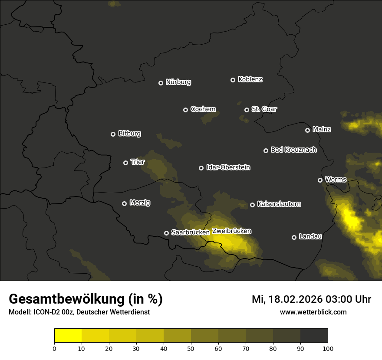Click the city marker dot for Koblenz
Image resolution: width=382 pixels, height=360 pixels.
233,80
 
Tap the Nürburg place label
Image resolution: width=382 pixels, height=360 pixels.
178,82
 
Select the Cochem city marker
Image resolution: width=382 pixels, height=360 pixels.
185,110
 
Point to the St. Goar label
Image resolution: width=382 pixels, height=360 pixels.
264,109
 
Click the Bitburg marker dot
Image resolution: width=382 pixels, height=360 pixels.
113,134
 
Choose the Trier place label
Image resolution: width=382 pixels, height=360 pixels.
137,162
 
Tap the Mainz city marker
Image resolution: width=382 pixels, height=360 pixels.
307,130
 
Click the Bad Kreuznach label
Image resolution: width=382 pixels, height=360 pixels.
293,150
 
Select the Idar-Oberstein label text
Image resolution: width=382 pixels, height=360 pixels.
228,167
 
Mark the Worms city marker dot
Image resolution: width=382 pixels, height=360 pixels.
320,180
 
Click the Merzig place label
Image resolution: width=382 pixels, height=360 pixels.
140,203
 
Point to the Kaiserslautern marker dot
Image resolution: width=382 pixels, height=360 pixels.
252,205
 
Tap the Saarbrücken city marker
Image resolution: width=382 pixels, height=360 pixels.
166,233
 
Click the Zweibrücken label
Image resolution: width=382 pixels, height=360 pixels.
232,231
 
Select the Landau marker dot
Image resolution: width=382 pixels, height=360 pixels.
294,237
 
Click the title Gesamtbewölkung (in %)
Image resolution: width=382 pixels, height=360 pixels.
86,299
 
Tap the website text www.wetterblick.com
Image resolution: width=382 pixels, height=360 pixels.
313,312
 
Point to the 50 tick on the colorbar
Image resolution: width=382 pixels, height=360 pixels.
191,348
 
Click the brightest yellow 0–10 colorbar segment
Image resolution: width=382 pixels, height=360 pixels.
68,336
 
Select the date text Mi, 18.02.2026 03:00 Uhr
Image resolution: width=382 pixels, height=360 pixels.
311,299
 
